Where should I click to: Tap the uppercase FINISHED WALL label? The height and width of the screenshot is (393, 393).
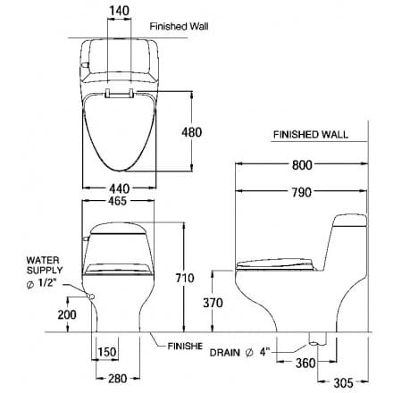pos(311,137)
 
